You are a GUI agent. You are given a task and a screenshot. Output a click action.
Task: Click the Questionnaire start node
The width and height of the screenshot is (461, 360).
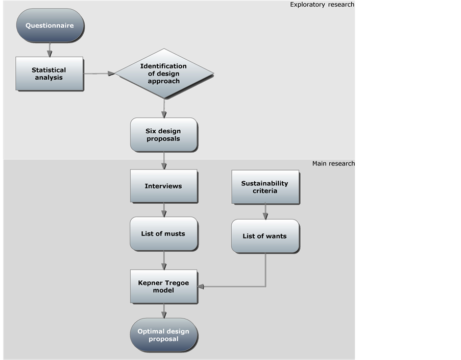(x=50, y=26)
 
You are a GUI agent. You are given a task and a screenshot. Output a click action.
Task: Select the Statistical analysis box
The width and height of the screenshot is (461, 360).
(x=49, y=74)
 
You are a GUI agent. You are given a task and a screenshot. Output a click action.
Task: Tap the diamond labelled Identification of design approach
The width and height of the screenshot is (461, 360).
(x=163, y=74)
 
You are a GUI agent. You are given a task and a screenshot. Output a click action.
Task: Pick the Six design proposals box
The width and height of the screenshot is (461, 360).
(x=163, y=135)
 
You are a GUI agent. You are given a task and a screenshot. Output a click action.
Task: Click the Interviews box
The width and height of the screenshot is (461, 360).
(x=163, y=186)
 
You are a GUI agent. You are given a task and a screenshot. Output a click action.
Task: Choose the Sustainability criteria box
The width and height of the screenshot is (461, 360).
(x=265, y=187)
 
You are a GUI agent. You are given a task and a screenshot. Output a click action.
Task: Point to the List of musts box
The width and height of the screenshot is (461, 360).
(x=163, y=234)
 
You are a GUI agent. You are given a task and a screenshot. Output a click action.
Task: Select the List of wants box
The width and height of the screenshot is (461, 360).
(x=265, y=236)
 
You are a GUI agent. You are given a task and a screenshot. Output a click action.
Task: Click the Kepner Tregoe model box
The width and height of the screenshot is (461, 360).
(x=163, y=286)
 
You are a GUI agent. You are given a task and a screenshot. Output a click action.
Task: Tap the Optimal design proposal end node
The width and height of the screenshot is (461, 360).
(x=163, y=335)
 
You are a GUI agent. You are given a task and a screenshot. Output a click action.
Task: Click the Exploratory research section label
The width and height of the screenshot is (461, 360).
(x=322, y=5)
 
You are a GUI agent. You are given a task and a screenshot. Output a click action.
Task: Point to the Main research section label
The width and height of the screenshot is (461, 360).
(x=333, y=163)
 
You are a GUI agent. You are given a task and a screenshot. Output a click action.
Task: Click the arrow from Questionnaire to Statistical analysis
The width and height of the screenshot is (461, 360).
(x=50, y=50)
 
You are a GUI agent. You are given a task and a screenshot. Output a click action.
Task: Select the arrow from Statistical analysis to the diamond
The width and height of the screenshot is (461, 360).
(x=99, y=74)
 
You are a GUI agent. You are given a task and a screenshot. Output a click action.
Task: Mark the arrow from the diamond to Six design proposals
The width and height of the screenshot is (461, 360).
(x=164, y=108)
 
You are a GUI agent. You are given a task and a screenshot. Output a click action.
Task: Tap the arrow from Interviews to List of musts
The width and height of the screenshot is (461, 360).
(x=164, y=209)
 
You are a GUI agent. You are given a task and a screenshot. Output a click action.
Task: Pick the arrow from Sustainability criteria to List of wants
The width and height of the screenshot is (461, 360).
(x=265, y=211)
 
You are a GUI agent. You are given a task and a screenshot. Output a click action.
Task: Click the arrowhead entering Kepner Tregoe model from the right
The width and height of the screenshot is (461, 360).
(x=201, y=286)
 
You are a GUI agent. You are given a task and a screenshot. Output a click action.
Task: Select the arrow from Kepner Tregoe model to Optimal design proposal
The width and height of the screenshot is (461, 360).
(x=164, y=310)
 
